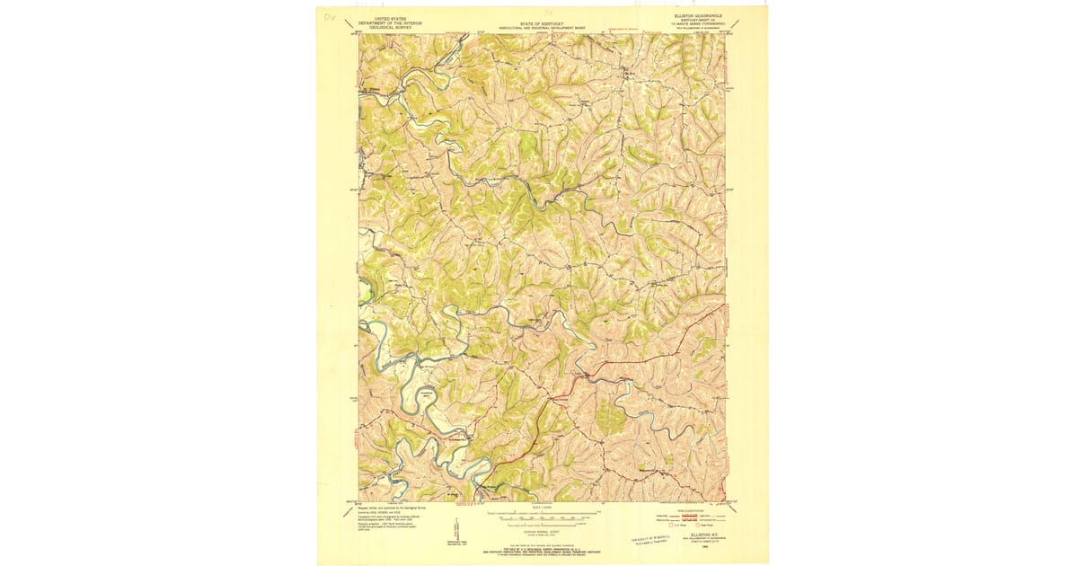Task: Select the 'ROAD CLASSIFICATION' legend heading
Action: click(x=699, y=509)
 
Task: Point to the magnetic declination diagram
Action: click(x=454, y=537)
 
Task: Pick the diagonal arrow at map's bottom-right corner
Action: click(x=735, y=508)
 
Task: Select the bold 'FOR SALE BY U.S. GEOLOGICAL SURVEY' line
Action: click(x=542, y=547)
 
